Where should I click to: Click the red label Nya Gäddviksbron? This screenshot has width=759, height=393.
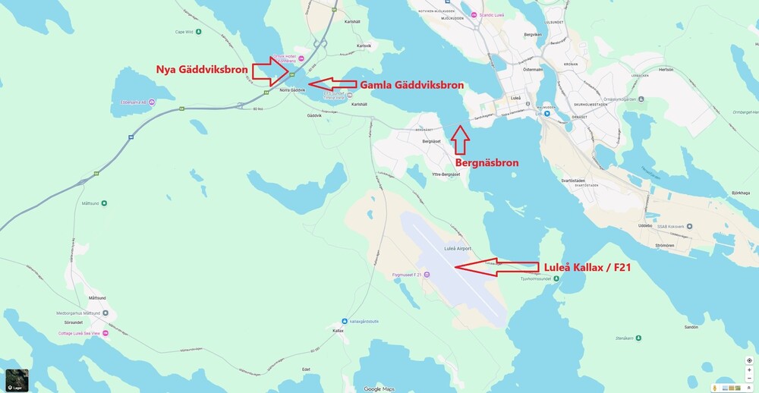(x=200, y=70)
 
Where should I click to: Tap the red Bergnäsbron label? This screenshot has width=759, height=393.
(x=487, y=162)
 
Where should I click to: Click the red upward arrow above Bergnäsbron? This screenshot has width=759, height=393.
(x=460, y=139)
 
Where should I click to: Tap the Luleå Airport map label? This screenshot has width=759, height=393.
(x=458, y=248)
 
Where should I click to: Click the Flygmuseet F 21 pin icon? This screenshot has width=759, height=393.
(x=427, y=275)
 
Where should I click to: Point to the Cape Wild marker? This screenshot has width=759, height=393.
(x=199, y=32)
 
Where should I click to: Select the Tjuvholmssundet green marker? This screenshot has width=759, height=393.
(x=557, y=279)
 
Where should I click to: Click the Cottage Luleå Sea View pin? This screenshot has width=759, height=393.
(x=106, y=333)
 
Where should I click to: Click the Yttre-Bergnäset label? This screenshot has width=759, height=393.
(x=446, y=174)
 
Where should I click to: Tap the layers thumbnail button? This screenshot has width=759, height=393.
(x=17, y=380)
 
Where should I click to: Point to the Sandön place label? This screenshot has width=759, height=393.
(x=691, y=327)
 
